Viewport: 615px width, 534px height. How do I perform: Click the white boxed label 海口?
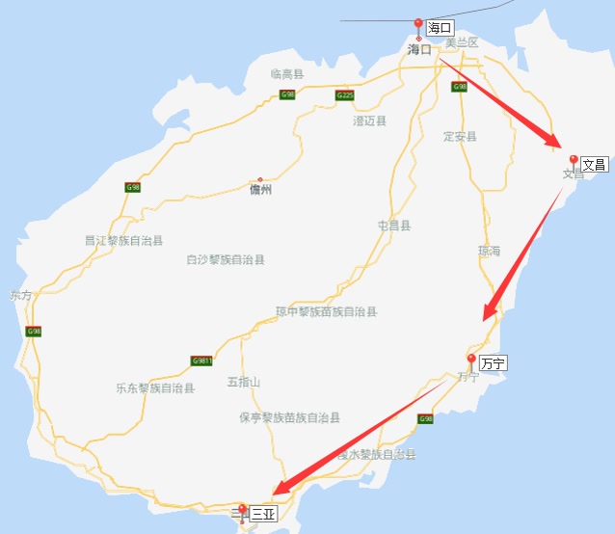pyautogui.click(x=441, y=28)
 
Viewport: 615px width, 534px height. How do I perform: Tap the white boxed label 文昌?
pyautogui.click(x=595, y=165)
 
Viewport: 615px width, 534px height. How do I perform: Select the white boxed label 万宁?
pyautogui.click(x=493, y=363)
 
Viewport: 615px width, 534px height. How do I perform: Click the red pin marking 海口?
pyautogui.click(x=418, y=25)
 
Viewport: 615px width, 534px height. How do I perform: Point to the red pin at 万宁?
pyautogui.click(x=471, y=360)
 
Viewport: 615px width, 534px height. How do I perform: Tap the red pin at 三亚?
pyautogui.click(x=242, y=510)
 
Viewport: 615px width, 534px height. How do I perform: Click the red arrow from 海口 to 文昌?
pyautogui.click(x=501, y=102)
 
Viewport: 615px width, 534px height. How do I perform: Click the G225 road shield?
pyautogui.click(x=345, y=94)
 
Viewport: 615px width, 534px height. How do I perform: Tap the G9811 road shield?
pyautogui.click(x=201, y=360)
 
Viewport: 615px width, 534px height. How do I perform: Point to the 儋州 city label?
pyautogui.click(x=260, y=190)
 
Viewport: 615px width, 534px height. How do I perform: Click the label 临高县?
pyautogui.click(x=287, y=73)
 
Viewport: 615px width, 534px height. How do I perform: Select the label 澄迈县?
pyautogui.click(x=370, y=120)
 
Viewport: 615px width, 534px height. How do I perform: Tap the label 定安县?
pyautogui.click(x=460, y=136)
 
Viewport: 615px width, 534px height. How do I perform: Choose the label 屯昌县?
pyautogui.click(x=394, y=226)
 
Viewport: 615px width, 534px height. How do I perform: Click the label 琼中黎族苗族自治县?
pyautogui.click(x=326, y=311)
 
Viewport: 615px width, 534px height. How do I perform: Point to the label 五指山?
pyautogui.click(x=244, y=382)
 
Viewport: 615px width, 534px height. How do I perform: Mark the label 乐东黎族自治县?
pyautogui.click(x=155, y=388)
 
